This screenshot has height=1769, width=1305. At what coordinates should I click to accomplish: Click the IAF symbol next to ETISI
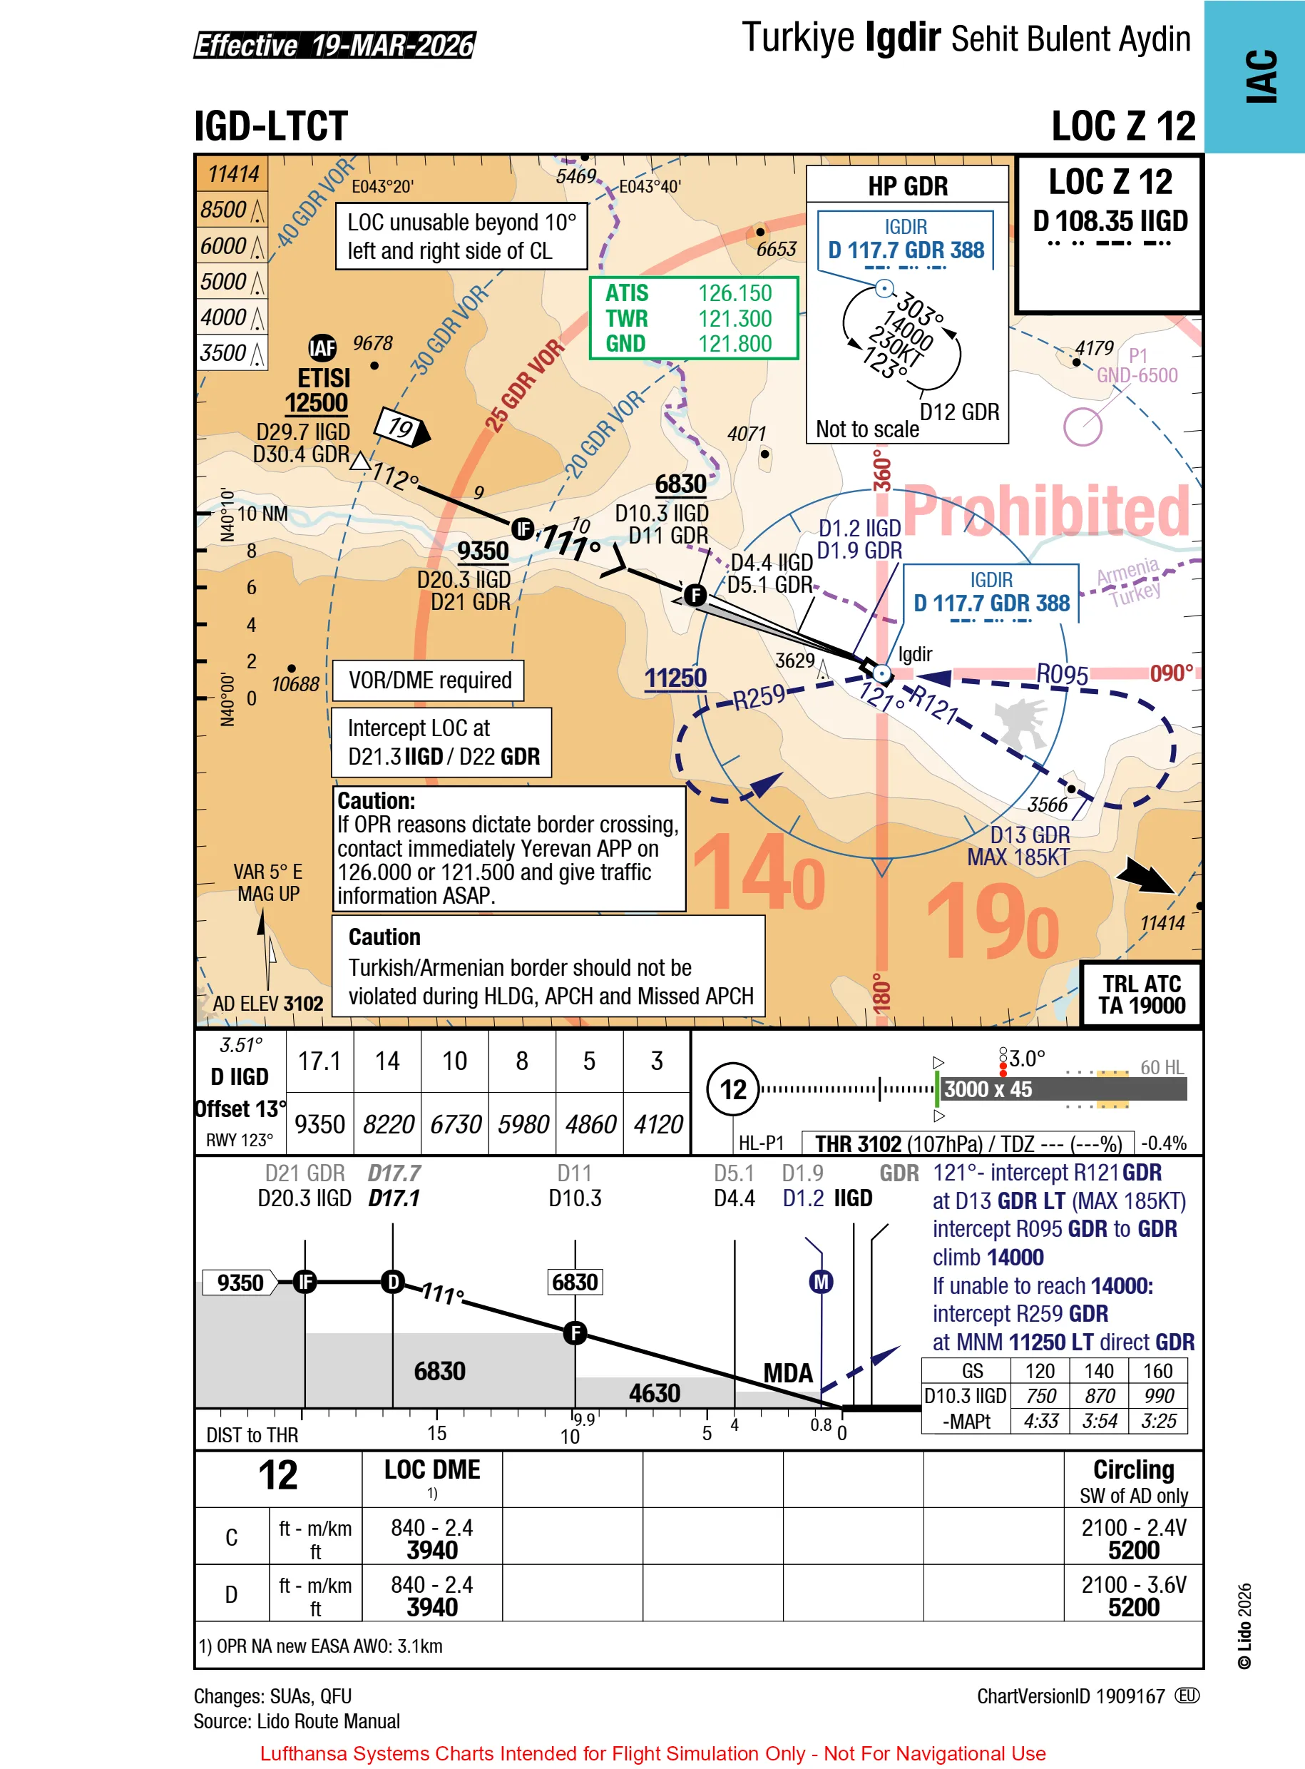(322, 347)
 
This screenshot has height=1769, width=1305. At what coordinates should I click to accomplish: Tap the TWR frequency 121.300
(734, 318)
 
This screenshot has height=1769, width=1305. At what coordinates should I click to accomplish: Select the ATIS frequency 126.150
(734, 293)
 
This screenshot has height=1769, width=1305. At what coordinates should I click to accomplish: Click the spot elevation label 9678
(372, 343)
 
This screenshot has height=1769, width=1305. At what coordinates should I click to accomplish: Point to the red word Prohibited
(1046, 511)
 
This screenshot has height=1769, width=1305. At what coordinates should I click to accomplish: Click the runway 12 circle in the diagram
(732, 1089)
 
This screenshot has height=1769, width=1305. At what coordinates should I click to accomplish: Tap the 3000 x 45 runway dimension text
(988, 1089)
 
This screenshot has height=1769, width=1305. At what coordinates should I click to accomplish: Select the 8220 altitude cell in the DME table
(387, 1124)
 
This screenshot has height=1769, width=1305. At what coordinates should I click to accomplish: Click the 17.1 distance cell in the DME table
(319, 1061)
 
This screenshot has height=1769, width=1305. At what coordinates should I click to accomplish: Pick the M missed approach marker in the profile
(821, 1282)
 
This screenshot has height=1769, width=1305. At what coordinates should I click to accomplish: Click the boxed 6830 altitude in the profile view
(574, 1282)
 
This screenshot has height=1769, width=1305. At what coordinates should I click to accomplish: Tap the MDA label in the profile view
(787, 1373)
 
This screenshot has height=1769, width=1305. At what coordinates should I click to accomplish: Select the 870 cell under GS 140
(1099, 1396)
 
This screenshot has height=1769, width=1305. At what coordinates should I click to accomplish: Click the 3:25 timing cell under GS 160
(1157, 1422)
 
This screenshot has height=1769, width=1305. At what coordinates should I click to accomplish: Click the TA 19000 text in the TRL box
(1141, 1006)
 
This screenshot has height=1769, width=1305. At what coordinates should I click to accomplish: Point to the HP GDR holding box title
(907, 186)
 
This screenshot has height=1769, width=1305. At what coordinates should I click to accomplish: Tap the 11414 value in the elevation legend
(233, 174)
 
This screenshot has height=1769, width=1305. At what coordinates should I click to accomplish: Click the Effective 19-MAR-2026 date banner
(334, 45)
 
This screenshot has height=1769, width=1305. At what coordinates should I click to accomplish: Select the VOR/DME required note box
(429, 680)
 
